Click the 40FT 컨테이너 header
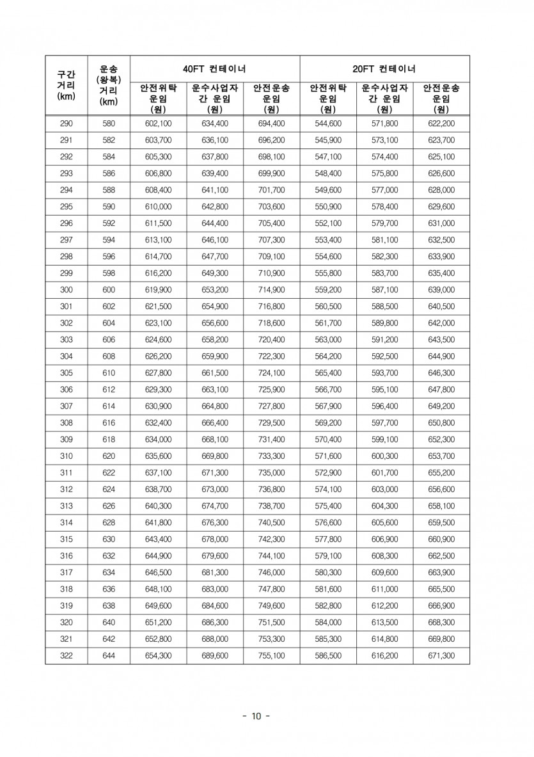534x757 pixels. coord(215,68)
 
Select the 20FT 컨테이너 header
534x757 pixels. coord(384,68)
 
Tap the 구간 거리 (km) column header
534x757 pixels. coord(67,86)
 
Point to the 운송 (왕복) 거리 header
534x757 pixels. coord(109,84)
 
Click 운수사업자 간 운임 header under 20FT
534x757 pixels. coord(384,98)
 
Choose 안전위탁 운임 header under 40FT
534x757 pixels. coord(158,98)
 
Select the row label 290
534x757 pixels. coord(67,124)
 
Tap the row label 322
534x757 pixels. coord(67,655)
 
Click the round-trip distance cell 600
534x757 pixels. coord(109,290)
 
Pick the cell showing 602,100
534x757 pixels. coord(158,124)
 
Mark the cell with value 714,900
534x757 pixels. coord(271,290)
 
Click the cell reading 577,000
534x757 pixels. coord(384,190)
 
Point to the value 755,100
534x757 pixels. coord(271,655)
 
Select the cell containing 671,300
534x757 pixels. coord(441,655)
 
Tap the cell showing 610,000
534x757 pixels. coord(158,207)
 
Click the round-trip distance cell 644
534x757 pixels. coord(109,655)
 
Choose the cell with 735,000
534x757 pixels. coord(271,472)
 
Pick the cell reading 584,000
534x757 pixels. coord(328,622)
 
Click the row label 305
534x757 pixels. coord(67,373)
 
